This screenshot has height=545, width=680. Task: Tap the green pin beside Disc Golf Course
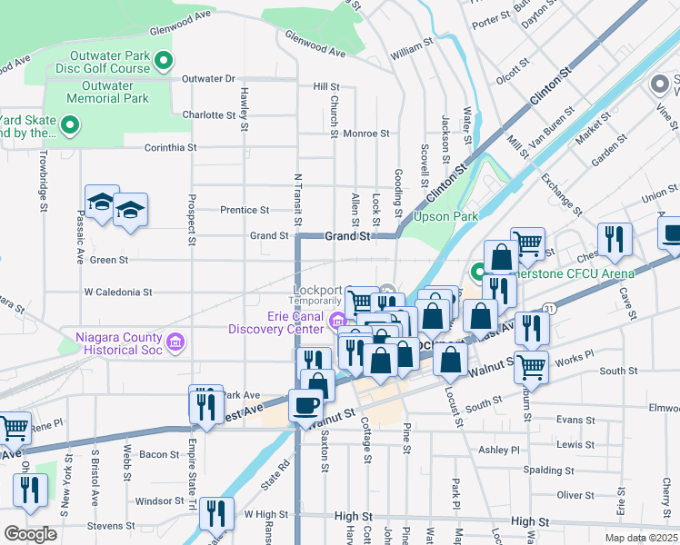click(164, 62)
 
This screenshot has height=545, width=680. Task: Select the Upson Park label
click(445, 216)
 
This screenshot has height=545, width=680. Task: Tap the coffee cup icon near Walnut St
click(305, 404)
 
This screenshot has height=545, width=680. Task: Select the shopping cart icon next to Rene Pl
click(14, 427)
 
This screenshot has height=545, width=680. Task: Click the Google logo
click(30, 534)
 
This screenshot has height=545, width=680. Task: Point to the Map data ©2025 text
click(641, 538)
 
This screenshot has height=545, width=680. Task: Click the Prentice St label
click(245, 210)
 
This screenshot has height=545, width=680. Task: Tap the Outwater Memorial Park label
click(109, 92)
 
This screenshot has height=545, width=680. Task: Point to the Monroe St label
click(366, 133)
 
